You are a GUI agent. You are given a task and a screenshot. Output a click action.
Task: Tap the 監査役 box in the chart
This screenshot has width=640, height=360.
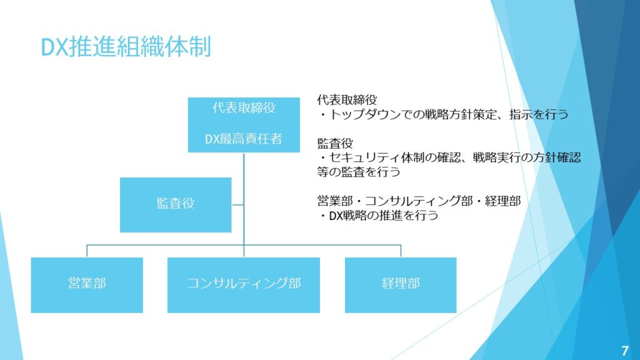coord(176,204)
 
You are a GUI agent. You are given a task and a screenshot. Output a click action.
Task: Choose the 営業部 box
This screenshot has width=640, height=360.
coord(87,284)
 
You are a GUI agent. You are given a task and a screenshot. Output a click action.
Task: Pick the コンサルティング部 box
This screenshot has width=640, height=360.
coord(244,284)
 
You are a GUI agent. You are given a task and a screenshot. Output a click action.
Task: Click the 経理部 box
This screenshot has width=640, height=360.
coord(401,284)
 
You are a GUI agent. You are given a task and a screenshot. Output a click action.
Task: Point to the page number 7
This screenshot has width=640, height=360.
coord(625,350)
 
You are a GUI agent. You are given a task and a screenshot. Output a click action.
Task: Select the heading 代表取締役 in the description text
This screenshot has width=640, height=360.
coord(347,100)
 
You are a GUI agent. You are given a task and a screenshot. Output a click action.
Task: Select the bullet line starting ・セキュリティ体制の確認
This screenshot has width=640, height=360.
coord(449,157)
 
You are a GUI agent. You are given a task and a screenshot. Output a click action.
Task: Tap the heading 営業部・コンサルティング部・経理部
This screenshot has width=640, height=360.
coord(419,201)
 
